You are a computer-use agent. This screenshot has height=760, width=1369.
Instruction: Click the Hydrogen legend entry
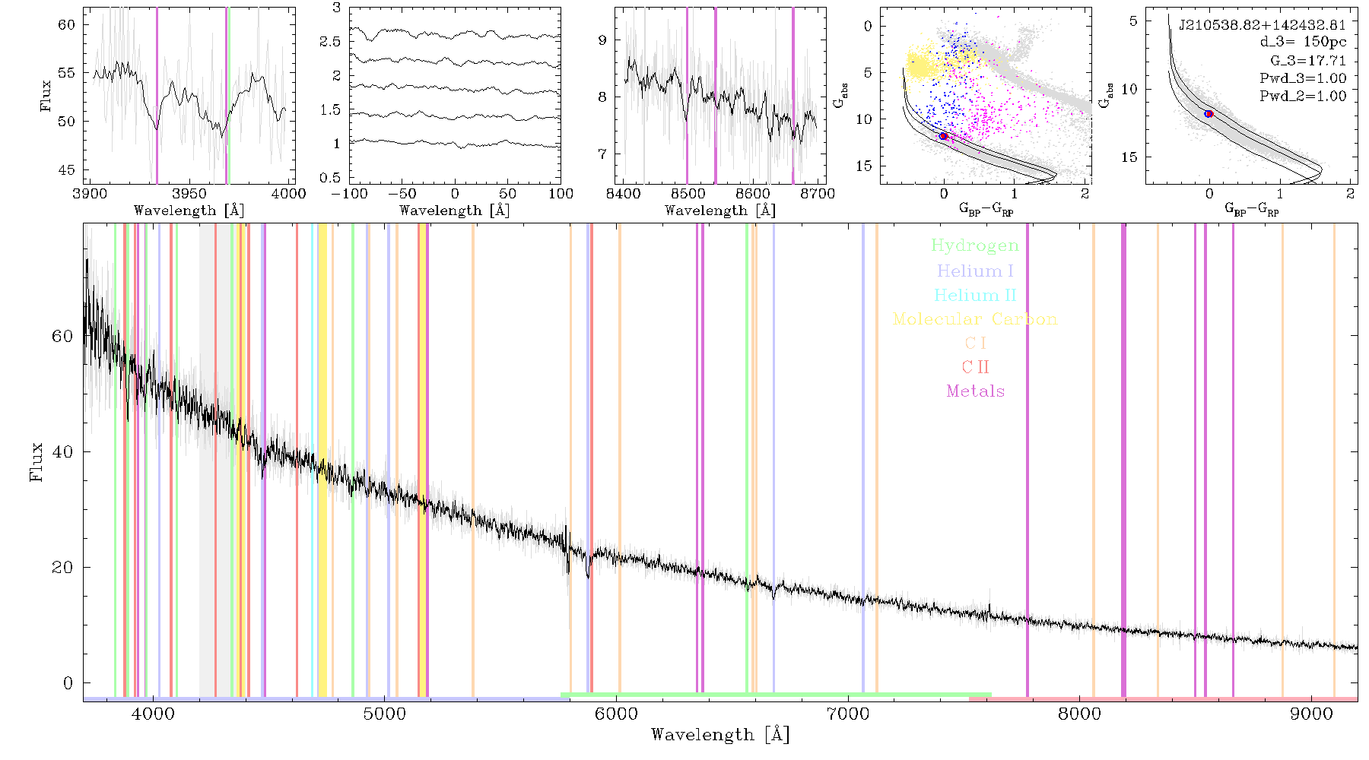tap(975, 245)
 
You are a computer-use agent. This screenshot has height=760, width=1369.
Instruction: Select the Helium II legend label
tap(975, 295)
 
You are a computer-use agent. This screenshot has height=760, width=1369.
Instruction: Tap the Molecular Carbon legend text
tap(975, 319)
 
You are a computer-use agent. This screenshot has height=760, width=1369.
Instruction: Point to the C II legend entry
tap(975, 367)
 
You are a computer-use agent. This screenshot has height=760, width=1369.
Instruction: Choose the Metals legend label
tap(975, 391)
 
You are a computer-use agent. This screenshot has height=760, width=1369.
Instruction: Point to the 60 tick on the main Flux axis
tap(62, 336)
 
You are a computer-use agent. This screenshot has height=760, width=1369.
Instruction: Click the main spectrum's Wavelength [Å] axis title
tap(720, 735)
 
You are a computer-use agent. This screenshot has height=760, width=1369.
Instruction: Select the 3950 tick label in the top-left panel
tap(189, 193)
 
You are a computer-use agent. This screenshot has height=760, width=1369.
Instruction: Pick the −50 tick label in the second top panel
tap(402, 193)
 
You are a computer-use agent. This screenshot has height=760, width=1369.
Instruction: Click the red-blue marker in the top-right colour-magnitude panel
tap(1209, 114)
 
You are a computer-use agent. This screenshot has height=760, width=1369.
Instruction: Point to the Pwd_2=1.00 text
tap(1303, 97)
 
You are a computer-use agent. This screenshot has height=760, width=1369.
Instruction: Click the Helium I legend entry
tap(975, 271)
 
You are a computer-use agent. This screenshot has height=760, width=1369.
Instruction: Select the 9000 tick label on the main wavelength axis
tap(1311, 714)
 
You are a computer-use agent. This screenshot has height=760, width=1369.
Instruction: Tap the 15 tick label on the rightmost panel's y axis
tap(1129, 157)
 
